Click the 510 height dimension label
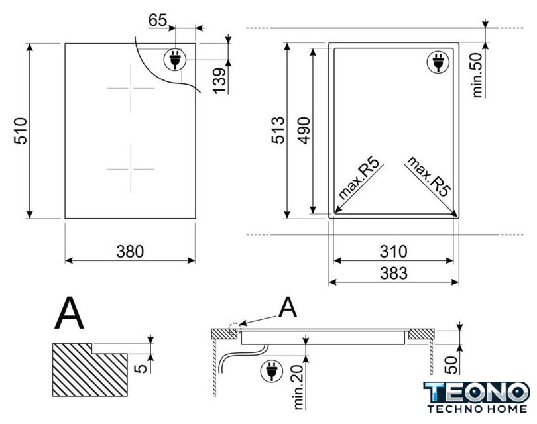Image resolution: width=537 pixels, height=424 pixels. pos(21,131)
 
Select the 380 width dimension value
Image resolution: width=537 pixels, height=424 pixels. pos(130,252)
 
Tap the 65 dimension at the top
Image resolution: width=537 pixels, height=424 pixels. pos(158,20)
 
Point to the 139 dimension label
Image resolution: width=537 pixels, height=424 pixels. pos(219,80)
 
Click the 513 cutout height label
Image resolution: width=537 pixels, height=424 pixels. pos(278,130)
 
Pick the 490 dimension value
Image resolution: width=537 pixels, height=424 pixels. pos(304,131)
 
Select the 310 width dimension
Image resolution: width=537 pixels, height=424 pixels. pos(394,252)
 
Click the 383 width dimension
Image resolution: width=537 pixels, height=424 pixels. pos(394,273)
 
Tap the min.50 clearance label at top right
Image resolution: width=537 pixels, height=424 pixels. pos(477,76)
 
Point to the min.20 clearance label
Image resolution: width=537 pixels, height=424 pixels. pos(298,387)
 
